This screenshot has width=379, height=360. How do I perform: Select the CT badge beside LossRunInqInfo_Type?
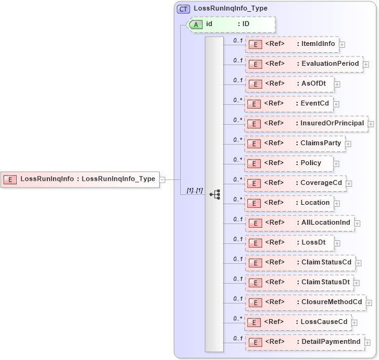click(183, 9)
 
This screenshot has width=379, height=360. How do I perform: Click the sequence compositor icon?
click(214, 194)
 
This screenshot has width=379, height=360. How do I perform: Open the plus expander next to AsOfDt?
click(337, 84)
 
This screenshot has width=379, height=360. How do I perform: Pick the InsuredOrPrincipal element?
click(306, 124)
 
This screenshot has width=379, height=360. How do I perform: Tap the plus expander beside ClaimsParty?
click(348, 144)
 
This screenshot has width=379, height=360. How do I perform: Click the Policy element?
click(289, 163)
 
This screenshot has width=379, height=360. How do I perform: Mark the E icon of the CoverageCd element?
click(254, 184)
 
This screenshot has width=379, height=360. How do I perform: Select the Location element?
click(289, 203)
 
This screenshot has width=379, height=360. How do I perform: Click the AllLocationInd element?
click(299, 223)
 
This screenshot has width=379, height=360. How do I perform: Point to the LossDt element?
click(289, 243)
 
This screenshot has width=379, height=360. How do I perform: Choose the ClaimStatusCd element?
click(300, 263)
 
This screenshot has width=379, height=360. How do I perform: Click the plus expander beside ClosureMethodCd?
click(369, 303)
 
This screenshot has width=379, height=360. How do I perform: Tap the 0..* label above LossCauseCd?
click(237, 318)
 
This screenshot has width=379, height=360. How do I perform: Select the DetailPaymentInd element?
click(304, 342)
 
